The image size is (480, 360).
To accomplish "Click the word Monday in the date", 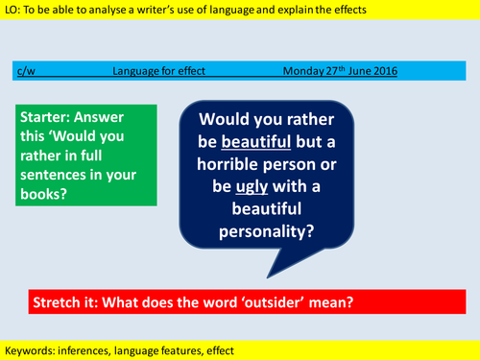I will [304, 70].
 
